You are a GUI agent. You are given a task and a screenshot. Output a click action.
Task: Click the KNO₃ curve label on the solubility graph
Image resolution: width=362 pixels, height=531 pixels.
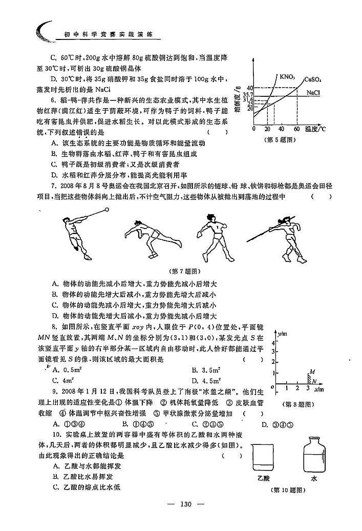(287, 77)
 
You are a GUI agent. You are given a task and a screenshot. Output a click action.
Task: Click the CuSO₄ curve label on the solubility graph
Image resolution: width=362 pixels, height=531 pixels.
(313, 79)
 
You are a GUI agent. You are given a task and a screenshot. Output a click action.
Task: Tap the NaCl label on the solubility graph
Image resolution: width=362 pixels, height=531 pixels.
(313, 93)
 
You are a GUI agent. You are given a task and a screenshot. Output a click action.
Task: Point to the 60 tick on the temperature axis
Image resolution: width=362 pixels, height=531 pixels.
(296, 128)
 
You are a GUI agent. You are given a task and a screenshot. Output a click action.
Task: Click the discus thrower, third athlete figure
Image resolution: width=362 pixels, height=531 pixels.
(216, 237)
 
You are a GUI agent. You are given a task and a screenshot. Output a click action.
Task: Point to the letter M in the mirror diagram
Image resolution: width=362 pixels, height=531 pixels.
(311, 371)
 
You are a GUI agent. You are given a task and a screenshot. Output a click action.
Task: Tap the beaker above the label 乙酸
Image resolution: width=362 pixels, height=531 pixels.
(264, 459)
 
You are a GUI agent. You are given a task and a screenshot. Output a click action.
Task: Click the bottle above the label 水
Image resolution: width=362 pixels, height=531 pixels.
(314, 454)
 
